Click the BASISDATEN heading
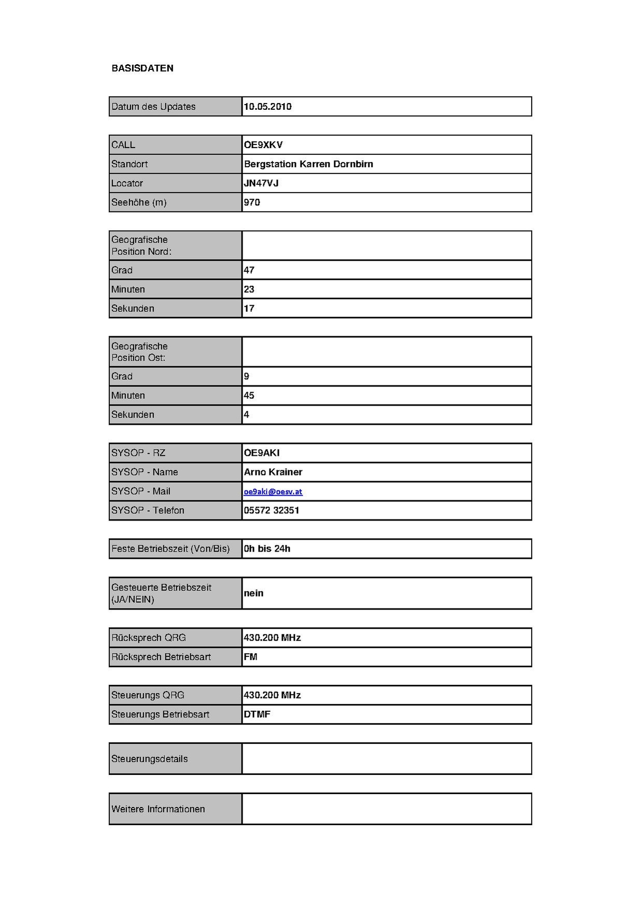coord(142,68)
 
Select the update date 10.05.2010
coord(267,107)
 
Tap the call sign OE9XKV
coord(263,145)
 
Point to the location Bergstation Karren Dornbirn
coord(308,164)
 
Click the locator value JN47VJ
coord(261,183)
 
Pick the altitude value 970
coord(252,203)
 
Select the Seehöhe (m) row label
coord(139,203)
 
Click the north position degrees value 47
coord(249,270)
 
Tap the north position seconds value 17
coord(249,309)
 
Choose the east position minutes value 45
coord(249,396)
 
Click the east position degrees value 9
coord(247,377)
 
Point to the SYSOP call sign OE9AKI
coord(262,453)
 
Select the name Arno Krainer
coord(273,472)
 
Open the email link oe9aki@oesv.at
coord(273,492)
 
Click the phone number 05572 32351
coord(272,511)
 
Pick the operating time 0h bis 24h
coord(267,549)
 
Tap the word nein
coord(254,594)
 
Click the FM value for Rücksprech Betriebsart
coord(251,657)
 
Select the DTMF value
coord(257,715)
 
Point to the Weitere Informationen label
coord(158,810)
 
